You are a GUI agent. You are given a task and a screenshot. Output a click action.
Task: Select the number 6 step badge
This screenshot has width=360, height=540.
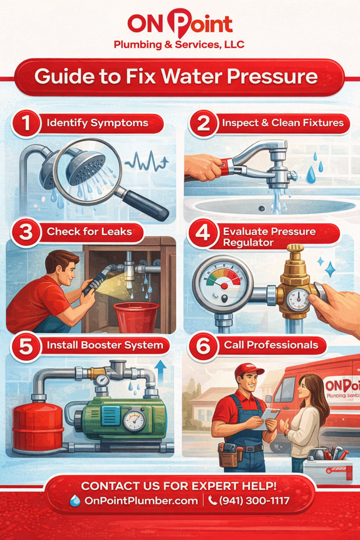click(201, 346)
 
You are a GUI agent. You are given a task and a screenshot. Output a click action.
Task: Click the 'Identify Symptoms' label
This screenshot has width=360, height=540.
click(97, 123)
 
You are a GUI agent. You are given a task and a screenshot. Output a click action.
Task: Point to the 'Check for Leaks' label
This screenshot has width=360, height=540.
click(89, 232)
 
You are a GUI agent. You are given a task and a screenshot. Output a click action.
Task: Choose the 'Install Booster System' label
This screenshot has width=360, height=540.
click(108, 346)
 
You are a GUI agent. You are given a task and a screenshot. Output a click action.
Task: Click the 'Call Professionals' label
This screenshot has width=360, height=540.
click(271, 346)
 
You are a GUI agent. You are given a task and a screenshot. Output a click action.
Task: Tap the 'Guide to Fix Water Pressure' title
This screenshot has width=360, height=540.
click(176, 77)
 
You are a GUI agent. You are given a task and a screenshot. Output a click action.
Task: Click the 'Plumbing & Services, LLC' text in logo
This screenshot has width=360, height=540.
click(179, 45)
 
